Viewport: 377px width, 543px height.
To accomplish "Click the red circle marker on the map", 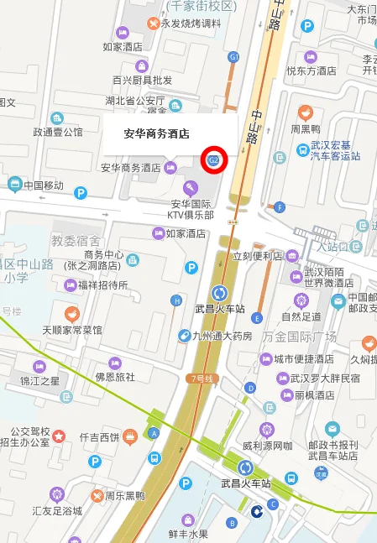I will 213,159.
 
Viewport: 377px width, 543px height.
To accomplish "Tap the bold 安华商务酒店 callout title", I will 156,133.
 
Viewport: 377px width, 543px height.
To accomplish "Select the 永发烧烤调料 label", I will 186,23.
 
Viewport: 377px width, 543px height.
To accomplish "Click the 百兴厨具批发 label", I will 142,80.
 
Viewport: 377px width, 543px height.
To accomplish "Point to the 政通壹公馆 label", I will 58,132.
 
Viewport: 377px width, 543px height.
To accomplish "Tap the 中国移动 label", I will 44,185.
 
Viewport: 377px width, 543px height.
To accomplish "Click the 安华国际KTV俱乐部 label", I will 191,209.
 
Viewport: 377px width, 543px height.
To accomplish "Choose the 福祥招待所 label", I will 102,285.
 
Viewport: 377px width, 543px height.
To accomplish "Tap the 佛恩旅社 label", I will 115,377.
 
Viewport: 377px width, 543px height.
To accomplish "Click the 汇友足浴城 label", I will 56,510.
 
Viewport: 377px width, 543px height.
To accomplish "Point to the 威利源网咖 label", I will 267,445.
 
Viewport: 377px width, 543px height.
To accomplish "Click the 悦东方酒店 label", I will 312,71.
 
